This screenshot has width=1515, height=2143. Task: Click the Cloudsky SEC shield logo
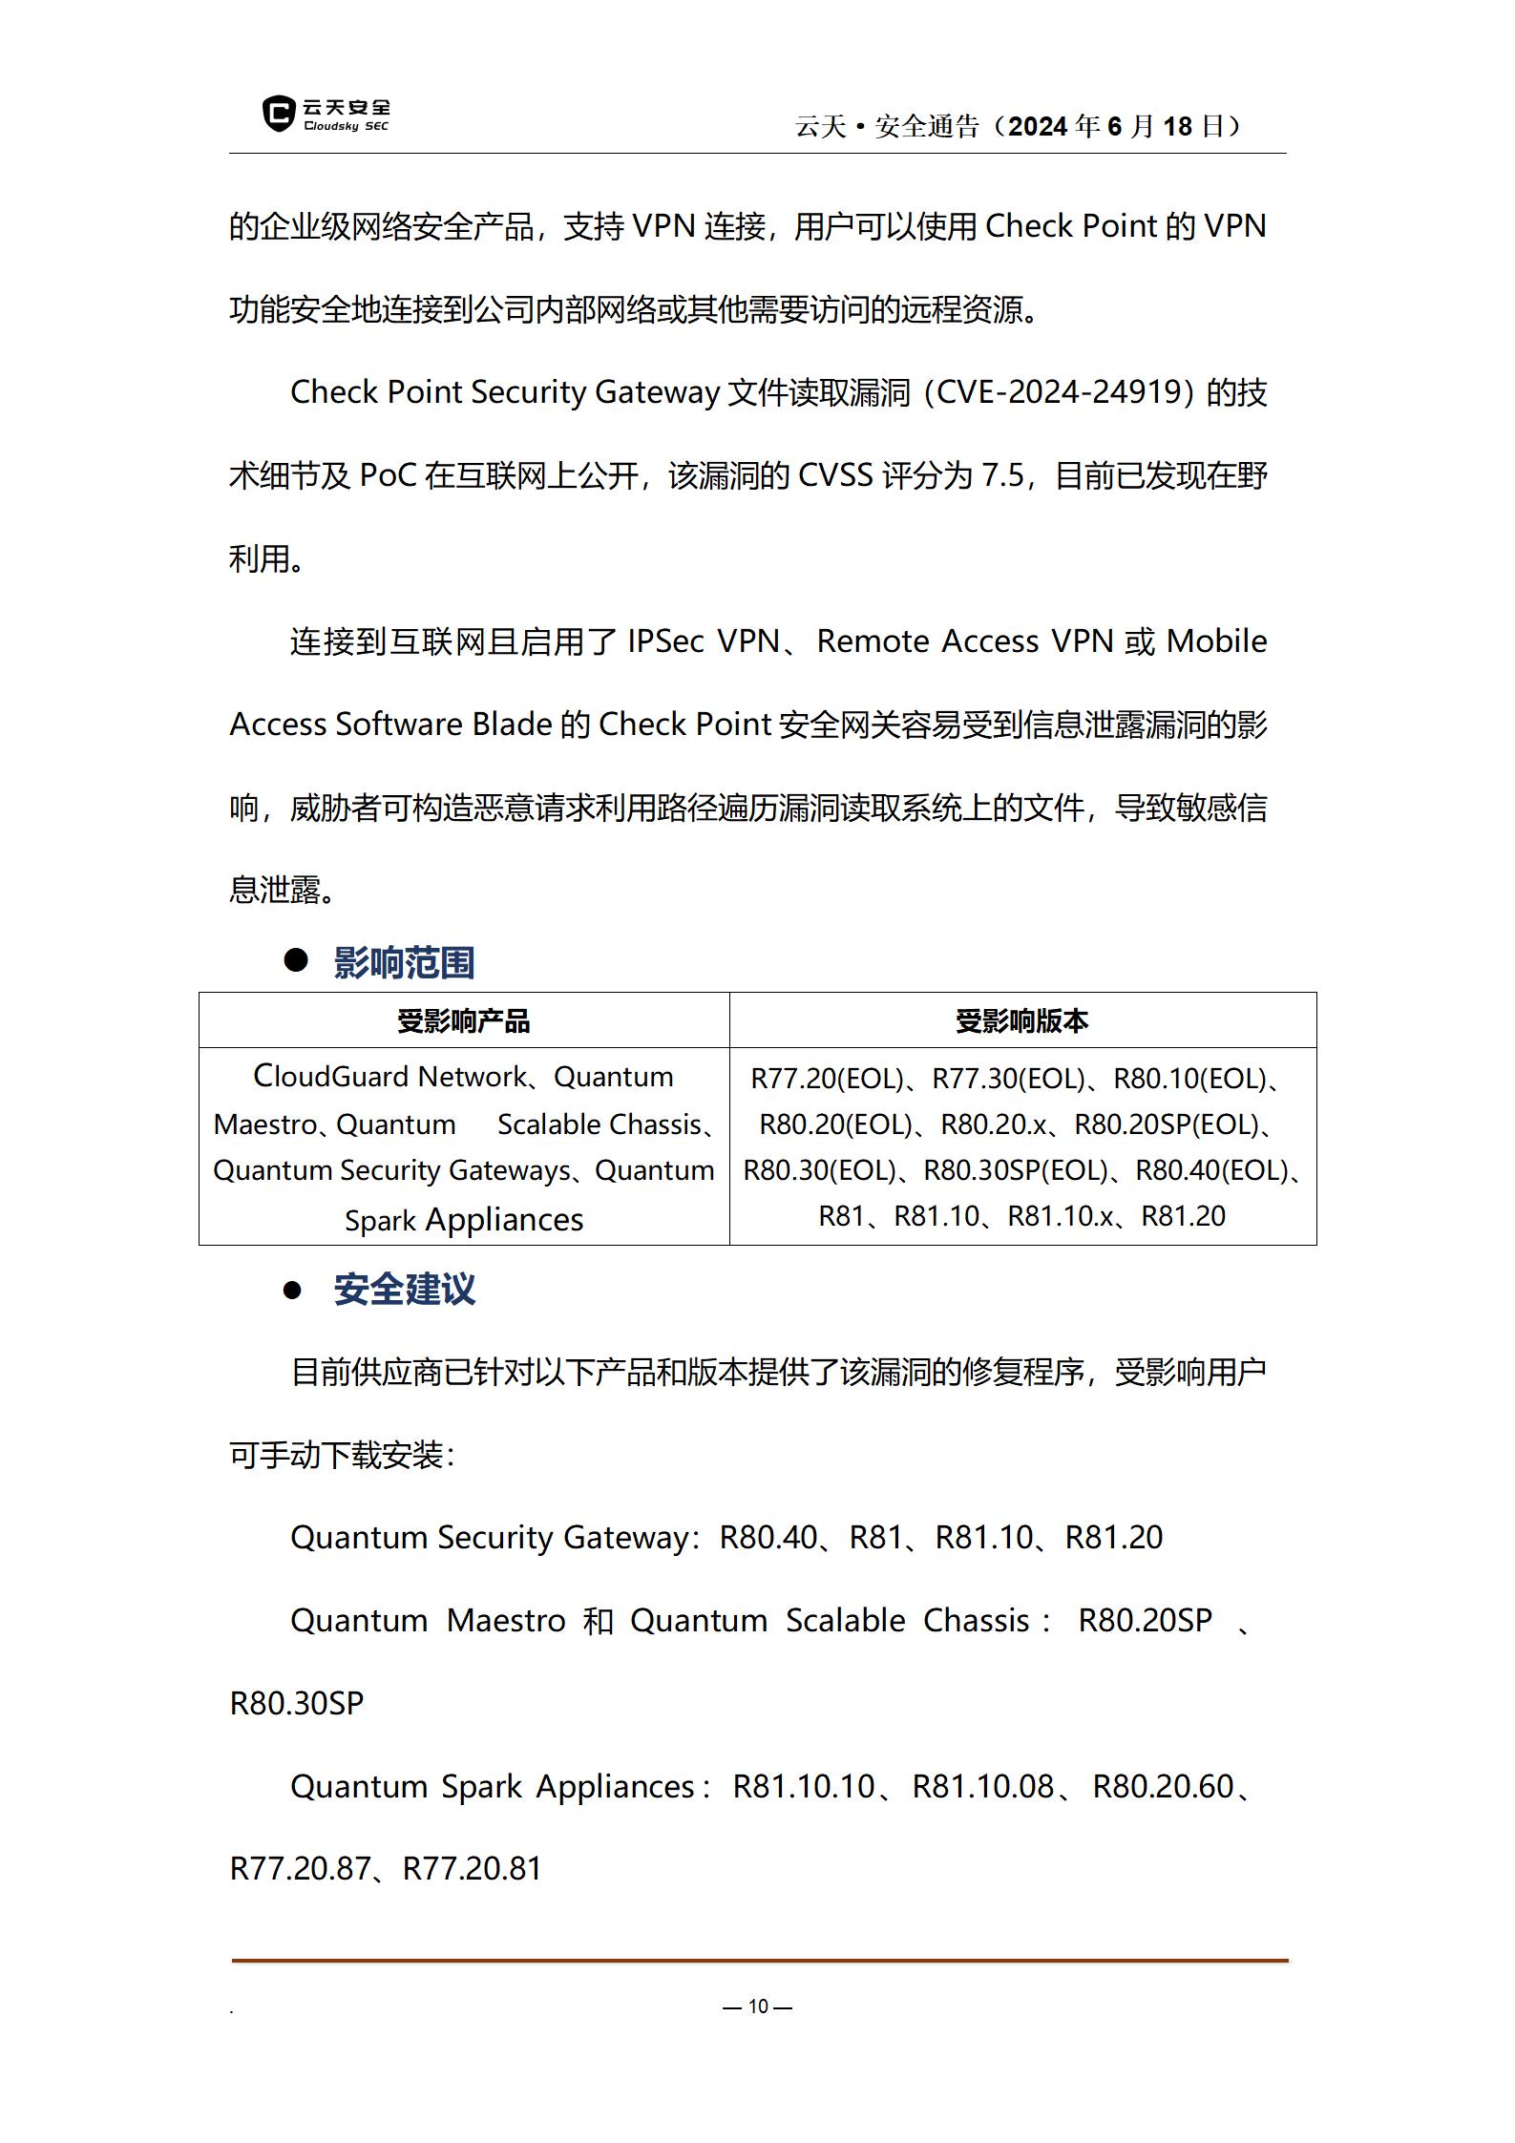[x=278, y=114]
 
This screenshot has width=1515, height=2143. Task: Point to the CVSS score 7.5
[x=1001, y=475]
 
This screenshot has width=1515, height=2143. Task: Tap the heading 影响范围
[x=404, y=962]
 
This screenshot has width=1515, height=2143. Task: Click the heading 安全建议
[x=404, y=1290]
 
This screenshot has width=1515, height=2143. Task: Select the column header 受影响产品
[x=463, y=1021]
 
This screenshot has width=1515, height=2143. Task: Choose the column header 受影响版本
[x=1021, y=1021]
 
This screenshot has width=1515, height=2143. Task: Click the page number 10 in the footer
[x=758, y=2006]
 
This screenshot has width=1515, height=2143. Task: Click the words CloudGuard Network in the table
[x=389, y=1077]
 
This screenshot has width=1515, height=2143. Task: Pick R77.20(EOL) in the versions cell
[x=827, y=1079]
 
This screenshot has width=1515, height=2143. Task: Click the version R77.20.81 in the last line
[x=472, y=1868]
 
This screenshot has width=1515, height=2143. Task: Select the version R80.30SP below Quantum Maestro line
[x=297, y=1703]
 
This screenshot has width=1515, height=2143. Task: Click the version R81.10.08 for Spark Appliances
[x=982, y=1786]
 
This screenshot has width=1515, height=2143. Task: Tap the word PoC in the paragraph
[x=388, y=475]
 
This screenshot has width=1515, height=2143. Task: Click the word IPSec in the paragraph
[x=665, y=641]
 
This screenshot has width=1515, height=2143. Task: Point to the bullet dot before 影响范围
[x=296, y=960]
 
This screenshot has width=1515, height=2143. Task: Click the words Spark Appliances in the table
[x=464, y=1220]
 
